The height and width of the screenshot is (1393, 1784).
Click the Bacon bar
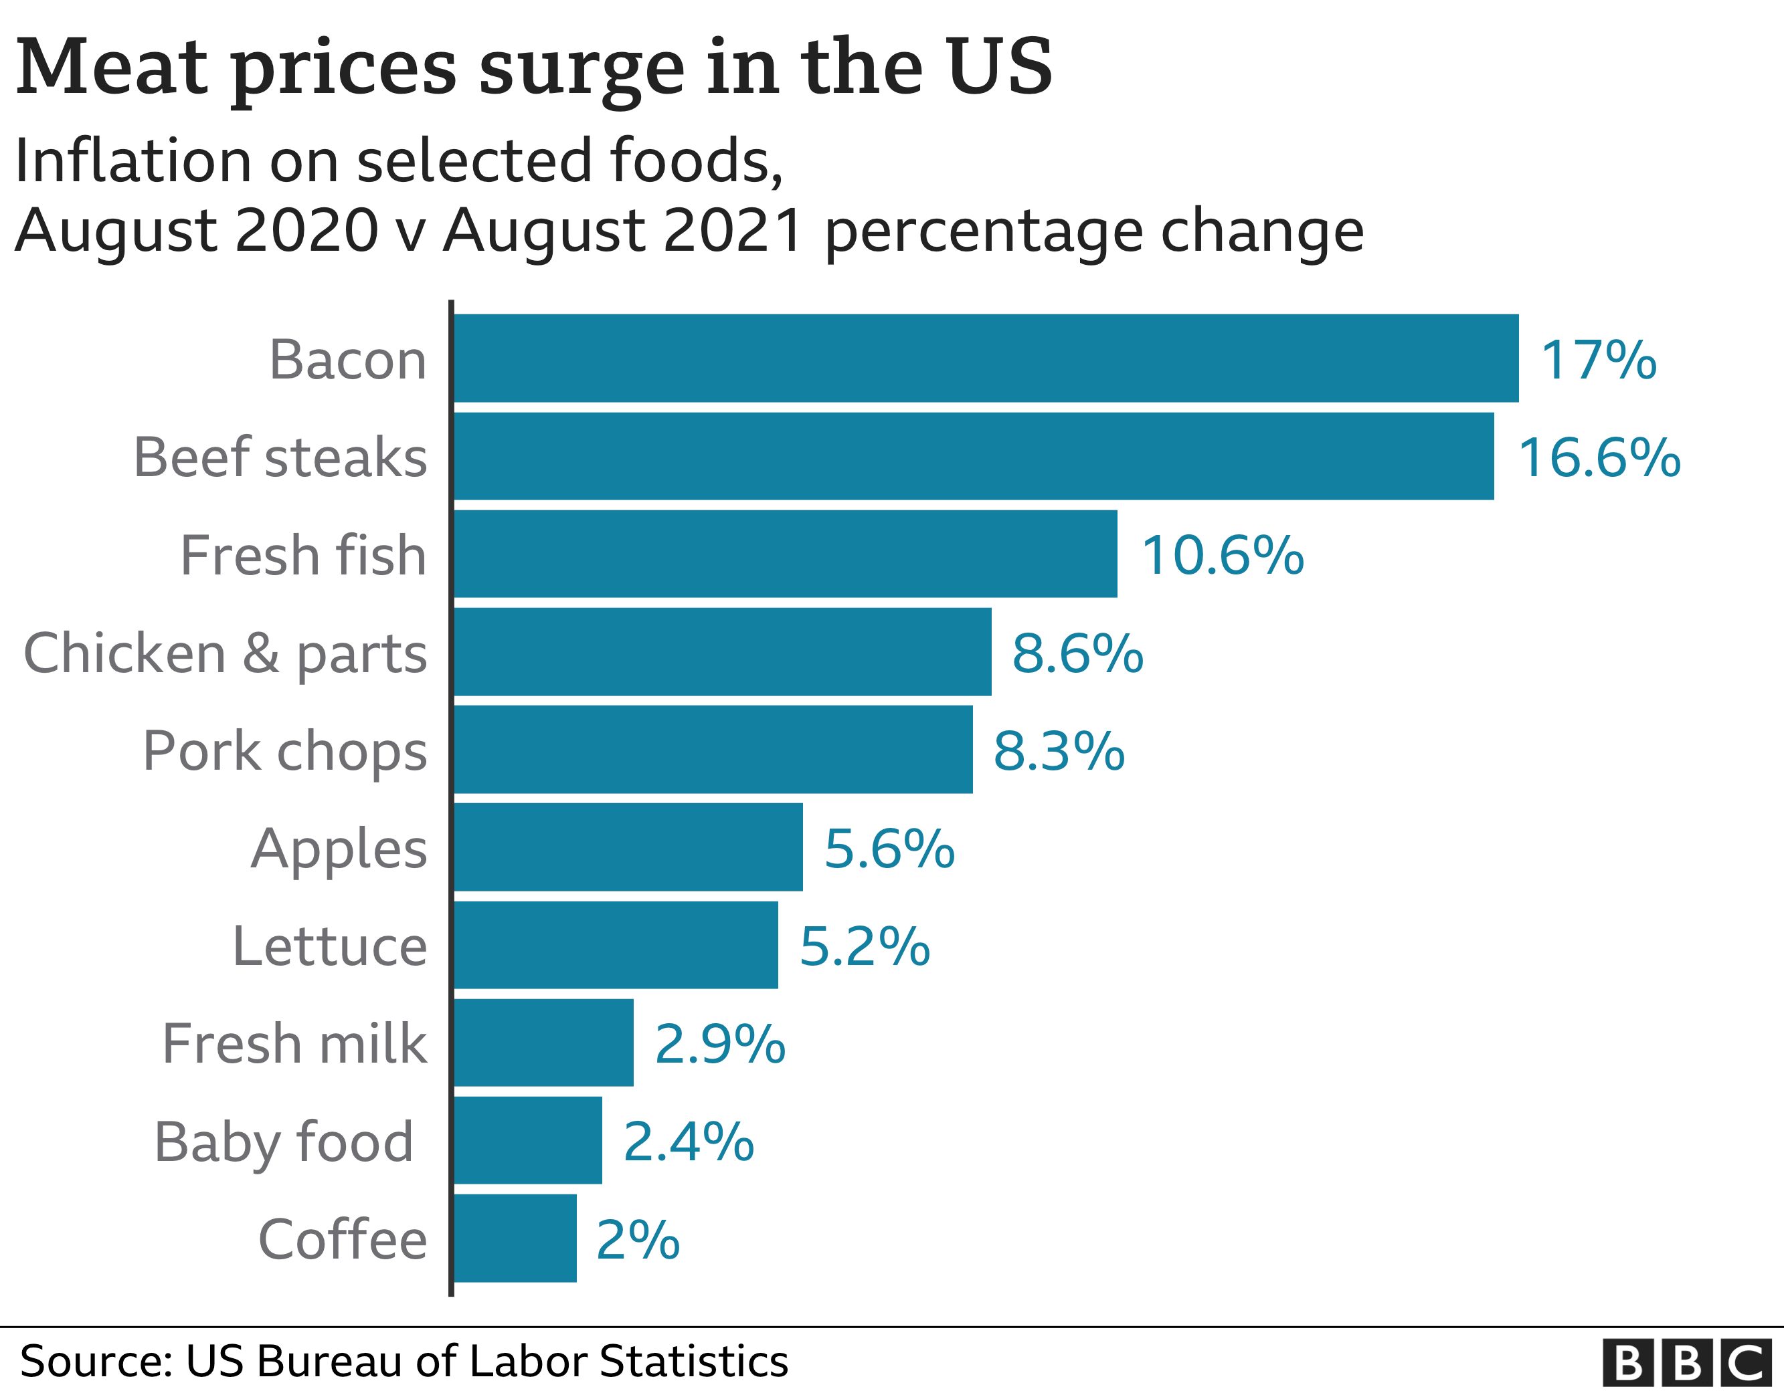986,358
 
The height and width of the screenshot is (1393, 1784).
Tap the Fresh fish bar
785,554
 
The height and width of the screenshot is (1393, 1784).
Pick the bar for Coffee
515,1238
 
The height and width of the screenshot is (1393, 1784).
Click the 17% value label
1598,359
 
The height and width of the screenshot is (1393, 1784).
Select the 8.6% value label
1077,653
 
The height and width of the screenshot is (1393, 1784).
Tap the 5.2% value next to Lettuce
864,946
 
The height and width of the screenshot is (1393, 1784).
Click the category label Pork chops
284,750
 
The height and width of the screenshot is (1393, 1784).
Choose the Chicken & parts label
225,653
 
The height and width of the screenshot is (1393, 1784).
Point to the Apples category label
338,849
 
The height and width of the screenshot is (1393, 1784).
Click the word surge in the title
581,69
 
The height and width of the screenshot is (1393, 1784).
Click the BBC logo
1687,1363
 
